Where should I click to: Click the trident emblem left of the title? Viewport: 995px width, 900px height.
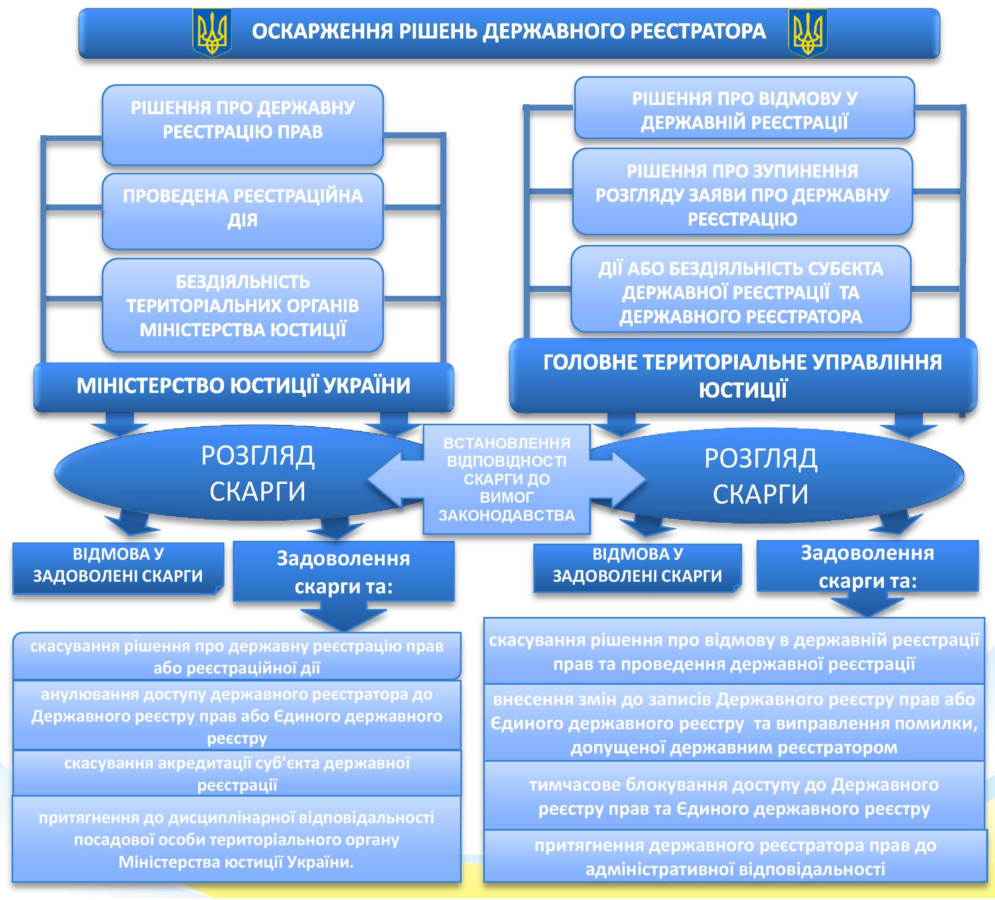[212, 32]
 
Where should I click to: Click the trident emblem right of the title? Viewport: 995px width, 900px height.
[807, 32]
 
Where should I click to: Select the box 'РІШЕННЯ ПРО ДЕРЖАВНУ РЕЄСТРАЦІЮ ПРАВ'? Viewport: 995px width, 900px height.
[243, 125]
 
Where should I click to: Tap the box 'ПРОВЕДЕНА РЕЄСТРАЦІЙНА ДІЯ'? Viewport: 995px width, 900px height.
[243, 211]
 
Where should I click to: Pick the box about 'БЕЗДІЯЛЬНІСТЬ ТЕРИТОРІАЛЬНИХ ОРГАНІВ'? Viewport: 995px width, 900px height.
[243, 305]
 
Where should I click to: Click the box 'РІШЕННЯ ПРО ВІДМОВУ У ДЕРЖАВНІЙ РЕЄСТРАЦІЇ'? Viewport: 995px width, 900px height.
[744, 107]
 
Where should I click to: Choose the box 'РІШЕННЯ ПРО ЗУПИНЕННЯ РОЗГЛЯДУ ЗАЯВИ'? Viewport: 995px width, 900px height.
[742, 192]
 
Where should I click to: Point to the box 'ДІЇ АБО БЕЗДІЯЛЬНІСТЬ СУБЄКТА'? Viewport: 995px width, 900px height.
[741, 289]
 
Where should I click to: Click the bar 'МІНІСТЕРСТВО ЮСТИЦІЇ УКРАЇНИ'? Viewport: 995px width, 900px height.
[244, 386]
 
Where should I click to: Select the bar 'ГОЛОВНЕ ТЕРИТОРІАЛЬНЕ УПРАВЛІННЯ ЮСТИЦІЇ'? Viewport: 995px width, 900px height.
[743, 376]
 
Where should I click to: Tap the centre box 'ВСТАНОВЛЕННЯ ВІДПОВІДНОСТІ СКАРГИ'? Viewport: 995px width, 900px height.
[507, 479]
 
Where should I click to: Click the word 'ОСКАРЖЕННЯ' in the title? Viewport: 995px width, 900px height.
[323, 32]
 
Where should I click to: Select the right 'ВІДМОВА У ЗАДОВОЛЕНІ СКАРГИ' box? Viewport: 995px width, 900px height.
[638, 568]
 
